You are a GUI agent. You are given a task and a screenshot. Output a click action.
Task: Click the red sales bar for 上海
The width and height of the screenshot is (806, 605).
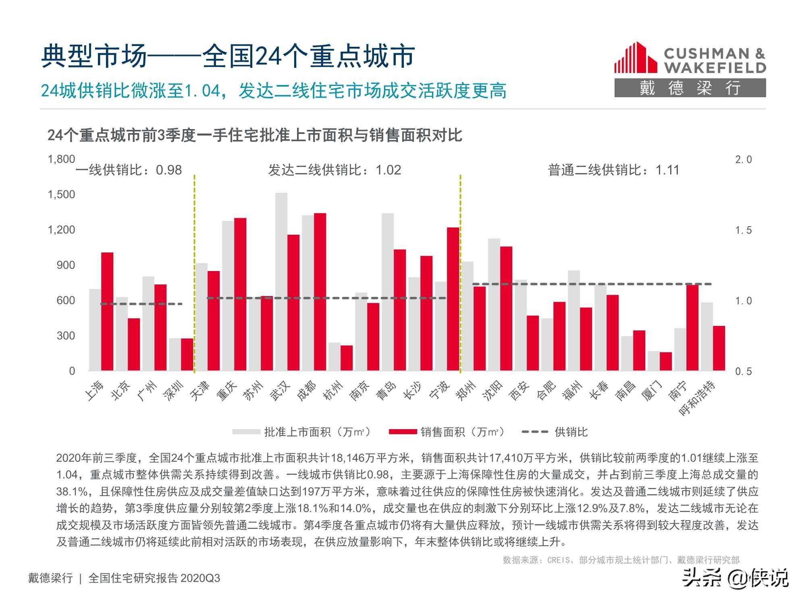[x=107, y=311]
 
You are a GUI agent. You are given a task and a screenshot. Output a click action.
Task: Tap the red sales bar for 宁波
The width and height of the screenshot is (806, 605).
[x=453, y=299]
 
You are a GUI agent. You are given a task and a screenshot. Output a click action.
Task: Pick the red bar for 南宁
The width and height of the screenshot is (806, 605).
[x=692, y=328]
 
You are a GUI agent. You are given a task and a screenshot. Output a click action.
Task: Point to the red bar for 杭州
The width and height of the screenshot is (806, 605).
[x=347, y=358]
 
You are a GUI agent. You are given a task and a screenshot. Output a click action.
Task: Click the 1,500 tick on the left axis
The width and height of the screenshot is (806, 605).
[x=61, y=194]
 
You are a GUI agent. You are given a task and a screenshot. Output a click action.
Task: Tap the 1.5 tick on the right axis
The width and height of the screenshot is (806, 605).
[x=743, y=230]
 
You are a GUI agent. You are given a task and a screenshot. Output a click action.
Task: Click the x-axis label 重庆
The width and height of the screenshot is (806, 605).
[x=227, y=390]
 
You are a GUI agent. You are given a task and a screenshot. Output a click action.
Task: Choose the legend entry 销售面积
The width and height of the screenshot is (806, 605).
[x=446, y=432]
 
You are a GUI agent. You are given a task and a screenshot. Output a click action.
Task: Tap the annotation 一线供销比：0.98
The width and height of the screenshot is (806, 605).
[x=129, y=170]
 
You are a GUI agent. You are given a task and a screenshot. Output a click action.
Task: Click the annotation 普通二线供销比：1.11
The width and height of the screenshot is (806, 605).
[x=613, y=170]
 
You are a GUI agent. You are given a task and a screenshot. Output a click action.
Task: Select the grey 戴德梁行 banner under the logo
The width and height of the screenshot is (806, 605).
[x=690, y=88]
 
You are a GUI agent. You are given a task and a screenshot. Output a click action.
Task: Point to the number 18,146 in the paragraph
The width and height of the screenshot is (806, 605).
[x=348, y=458]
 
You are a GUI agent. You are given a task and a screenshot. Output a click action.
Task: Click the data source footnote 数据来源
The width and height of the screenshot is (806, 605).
[x=621, y=560]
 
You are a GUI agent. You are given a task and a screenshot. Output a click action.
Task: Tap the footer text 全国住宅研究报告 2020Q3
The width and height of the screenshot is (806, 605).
[x=154, y=578]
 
